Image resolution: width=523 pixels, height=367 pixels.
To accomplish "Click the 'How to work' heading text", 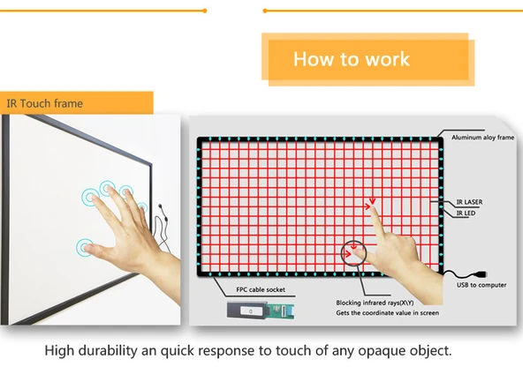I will click(352, 59).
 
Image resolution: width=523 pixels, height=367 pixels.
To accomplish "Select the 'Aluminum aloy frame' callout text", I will click(482, 139).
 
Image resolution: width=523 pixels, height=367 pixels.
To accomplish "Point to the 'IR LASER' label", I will click(468, 202).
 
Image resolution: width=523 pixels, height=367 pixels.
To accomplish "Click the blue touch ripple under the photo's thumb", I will click(85, 247).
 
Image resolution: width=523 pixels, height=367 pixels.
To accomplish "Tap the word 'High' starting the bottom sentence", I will click(63, 350).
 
